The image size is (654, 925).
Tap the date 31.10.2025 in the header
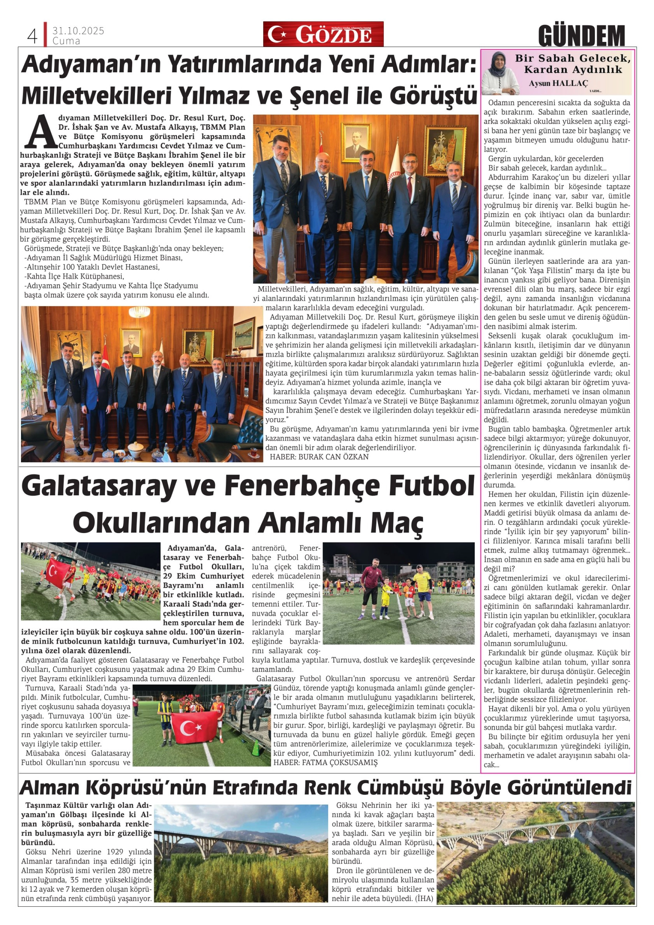pyautogui.click(x=78, y=31)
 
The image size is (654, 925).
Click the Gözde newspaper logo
pyautogui.click(x=323, y=34)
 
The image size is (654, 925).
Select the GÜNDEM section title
pyautogui.click(x=581, y=36)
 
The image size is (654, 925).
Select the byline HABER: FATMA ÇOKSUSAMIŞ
pyautogui.click(x=326, y=762)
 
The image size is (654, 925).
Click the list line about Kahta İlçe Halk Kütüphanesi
pyautogui.click(x=74, y=276)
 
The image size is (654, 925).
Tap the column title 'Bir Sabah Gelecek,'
pyautogui.click(x=573, y=58)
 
